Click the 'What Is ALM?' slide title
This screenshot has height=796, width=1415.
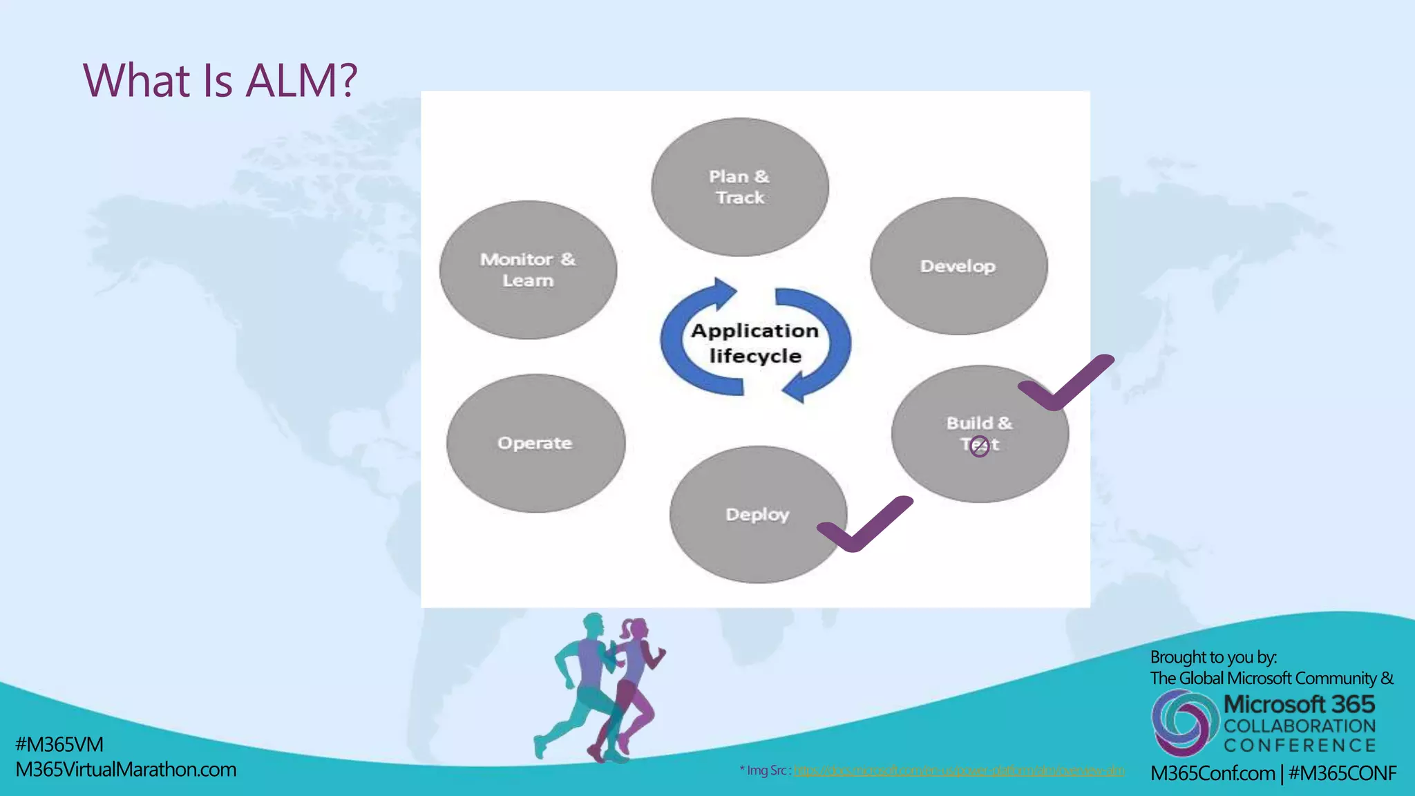(x=220, y=80)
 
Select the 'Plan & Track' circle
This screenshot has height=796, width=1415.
(x=739, y=187)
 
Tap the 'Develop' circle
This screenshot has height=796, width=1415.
(x=958, y=266)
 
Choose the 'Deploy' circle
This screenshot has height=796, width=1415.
(x=757, y=514)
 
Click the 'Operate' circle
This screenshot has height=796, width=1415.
(x=535, y=443)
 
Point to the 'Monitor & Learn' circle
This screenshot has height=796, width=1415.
(x=528, y=269)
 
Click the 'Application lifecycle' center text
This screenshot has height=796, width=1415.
(x=755, y=343)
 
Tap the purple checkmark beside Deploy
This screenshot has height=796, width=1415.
(x=864, y=524)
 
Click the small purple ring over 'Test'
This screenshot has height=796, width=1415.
(x=979, y=446)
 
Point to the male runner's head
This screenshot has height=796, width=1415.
(x=593, y=624)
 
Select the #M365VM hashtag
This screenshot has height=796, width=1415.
(x=59, y=744)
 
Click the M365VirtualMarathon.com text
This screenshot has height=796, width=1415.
(x=126, y=769)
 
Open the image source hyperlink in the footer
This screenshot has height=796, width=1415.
(x=958, y=770)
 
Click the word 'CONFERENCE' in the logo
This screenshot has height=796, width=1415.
(x=1300, y=746)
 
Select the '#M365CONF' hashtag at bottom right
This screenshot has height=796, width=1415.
(x=1342, y=773)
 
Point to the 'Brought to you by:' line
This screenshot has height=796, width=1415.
(x=1213, y=657)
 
